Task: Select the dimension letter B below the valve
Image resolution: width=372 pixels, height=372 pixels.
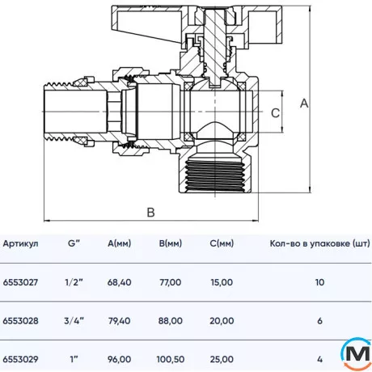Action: [x=150, y=213]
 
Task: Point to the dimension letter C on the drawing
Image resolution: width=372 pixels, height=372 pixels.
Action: [x=275, y=114]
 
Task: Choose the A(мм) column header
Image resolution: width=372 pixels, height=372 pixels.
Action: [x=120, y=243]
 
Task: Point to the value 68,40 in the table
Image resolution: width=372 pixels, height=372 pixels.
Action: [x=120, y=282]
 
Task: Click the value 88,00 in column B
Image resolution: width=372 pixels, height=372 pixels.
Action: [x=170, y=321]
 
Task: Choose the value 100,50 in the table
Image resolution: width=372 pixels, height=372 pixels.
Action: [x=170, y=359]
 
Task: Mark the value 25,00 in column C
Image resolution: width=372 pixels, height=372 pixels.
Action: [x=221, y=359]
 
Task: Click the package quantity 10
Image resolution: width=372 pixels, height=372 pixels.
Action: [x=320, y=282]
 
